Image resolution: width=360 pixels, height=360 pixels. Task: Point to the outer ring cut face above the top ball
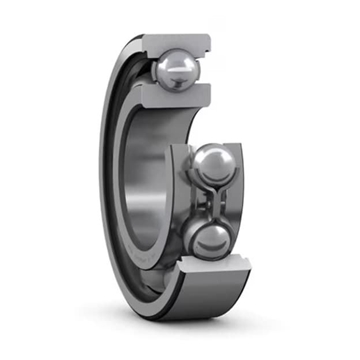(x=177, y=43)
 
